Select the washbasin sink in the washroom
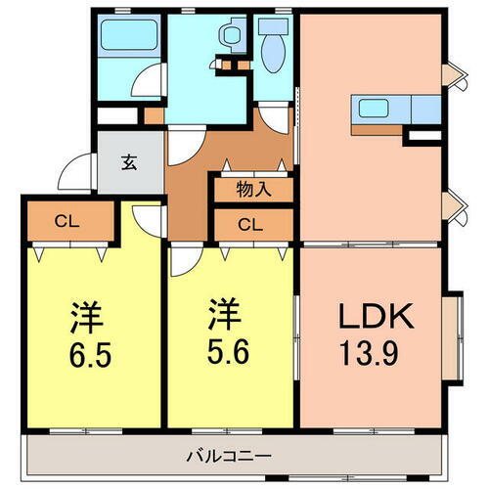[231, 36]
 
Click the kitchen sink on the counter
[376, 107]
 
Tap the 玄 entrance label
[129, 163]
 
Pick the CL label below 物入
[250, 225]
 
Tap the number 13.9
[369, 349]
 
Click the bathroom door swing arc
[147, 82]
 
